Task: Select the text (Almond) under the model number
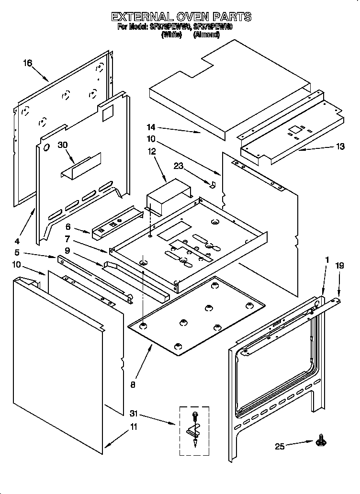click(x=206, y=35)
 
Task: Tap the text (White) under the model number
click(x=172, y=35)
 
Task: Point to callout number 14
click(x=151, y=128)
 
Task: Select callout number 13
click(x=340, y=147)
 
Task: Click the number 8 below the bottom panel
click(x=133, y=383)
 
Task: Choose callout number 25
click(x=280, y=447)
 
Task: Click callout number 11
click(x=134, y=427)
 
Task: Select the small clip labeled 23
click(x=214, y=184)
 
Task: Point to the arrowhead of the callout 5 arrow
click(x=56, y=257)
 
